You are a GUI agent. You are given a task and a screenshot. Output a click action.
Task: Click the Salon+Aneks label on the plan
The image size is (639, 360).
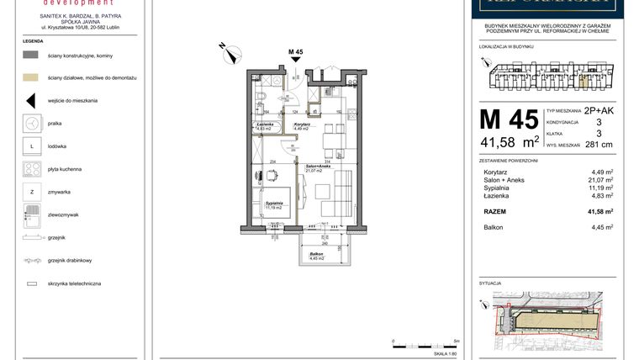pyautogui.click(x=317, y=167)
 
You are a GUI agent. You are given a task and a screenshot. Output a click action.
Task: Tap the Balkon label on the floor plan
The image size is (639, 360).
pyautogui.click(x=316, y=254)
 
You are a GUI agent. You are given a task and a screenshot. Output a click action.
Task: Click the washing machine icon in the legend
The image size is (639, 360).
pyautogui.click(x=31, y=123)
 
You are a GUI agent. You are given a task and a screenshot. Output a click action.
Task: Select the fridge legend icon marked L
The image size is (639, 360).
pyautogui.click(x=31, y=146)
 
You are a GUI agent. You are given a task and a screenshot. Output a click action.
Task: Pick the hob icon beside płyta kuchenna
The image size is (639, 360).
pyautogui.click(x=31, y=169)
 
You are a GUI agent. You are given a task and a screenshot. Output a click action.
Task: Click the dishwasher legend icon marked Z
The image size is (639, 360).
pyautogui.click(x=31, y=192)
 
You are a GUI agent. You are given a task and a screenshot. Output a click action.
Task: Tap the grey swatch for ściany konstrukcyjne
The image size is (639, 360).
pyautogui.click(x=31, y=55)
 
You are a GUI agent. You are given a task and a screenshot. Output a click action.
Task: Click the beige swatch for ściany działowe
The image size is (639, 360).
pyautogui.click(x=31, y=77)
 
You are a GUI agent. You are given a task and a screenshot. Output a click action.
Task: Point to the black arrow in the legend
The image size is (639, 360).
pyautogui.click(x=31, y=100)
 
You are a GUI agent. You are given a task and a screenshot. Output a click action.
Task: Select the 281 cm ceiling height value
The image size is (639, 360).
pyautogui.click(x=599, y=144)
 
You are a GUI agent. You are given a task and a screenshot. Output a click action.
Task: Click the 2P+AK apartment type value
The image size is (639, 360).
pyautogui.click(x=599, y=111)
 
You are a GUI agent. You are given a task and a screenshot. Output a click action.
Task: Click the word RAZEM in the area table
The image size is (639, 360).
pyautogui.click(x=495, y=212)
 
